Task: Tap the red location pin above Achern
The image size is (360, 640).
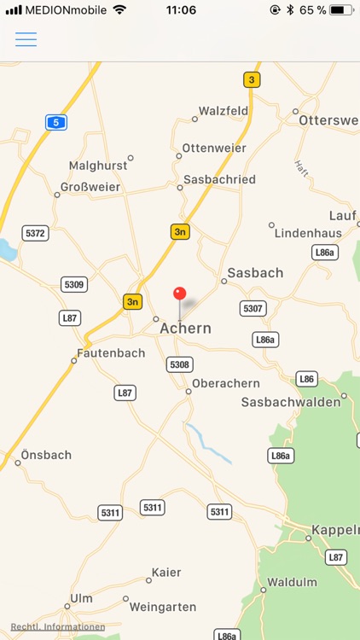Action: (x=179, y=295)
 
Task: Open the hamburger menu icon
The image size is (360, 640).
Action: (x=26, y=39)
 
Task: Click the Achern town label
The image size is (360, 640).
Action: (x=185, y=329)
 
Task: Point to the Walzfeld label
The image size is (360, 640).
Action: (x=224, y=111)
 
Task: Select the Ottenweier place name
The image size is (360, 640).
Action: (x=214, y=148)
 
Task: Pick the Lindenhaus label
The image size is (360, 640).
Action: (x=308, y=233)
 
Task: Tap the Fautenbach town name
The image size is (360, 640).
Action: (x=110, y=352)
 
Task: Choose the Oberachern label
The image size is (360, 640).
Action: (x=225, y=383)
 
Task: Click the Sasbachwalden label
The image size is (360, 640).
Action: (x=291, y=402)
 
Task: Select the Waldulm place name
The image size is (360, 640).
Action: (x=292, y=582)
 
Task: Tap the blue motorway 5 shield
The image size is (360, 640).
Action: (x=55, y=122)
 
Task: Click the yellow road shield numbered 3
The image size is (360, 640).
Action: (x=252, y=80)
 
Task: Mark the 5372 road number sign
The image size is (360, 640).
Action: (x=36, y=232)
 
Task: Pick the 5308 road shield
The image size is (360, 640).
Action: (x=179, y=364)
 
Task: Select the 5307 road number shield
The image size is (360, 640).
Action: (x=253, y=308)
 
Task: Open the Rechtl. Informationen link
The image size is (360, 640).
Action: (x=58, y=626)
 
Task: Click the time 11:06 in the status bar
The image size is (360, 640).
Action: (x=180, y=10)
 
